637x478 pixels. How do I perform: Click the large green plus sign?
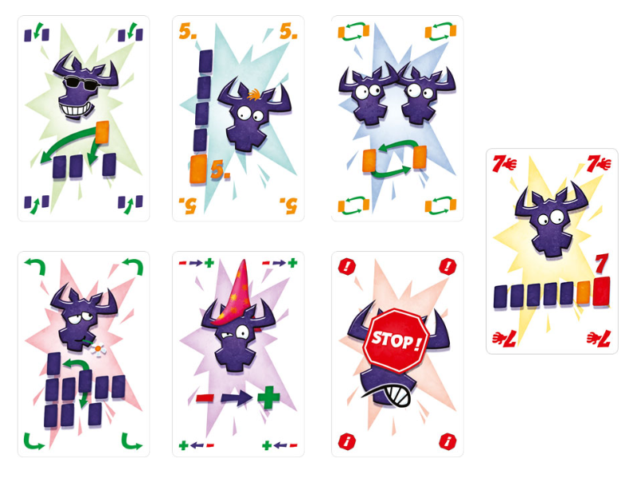(268, 397)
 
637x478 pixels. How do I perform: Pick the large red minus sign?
(205, 397)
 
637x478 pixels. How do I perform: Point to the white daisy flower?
(98, 348)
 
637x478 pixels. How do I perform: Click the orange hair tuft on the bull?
(254, 95)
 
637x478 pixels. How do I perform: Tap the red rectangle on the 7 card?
(602, 291)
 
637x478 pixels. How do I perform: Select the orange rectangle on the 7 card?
(584, 293)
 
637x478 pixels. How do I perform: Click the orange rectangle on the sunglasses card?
(102, 132)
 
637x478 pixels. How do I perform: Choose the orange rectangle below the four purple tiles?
(198, 168)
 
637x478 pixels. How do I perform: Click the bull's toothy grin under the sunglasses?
(76, 110)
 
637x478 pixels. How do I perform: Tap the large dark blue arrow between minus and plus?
(236, 397)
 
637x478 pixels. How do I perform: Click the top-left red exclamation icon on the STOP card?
(347, 267)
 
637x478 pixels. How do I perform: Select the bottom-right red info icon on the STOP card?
(447, 441)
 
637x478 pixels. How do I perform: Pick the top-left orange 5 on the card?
(187, 31)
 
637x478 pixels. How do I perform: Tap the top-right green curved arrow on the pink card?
(133, 266)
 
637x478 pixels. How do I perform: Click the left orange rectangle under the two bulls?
(369, 161)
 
